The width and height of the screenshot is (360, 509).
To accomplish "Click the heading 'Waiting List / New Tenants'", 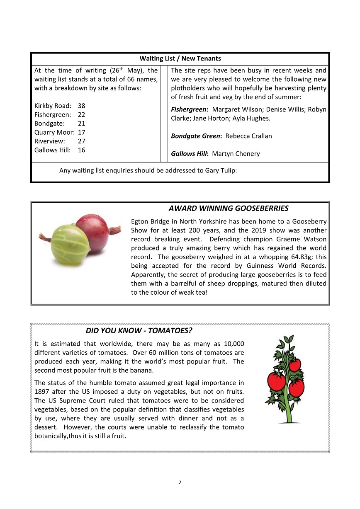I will pyautogui.click(x=180, y=59).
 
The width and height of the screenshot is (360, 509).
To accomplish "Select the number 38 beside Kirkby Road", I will pyautogui.click(x=81, y=106).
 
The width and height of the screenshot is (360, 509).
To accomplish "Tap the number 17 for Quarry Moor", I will pyautogui.click(x=81, y=132).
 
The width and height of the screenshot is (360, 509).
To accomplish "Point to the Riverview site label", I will pyautogui.click(x=50, y=141).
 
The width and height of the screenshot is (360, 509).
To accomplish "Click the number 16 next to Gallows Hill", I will pyautogui.click(x=81, y=150).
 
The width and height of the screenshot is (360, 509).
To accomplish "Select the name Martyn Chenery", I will pyautogui.click(x=236, y=154).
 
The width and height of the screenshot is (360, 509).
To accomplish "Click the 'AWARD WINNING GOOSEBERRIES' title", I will pyautogui.click(x=229, y=208).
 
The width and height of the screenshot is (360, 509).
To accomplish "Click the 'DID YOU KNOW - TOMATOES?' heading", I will pyautogui.click(x=139, y=331).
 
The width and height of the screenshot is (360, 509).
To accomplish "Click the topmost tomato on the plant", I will pyautogui.click(x=295, y=365).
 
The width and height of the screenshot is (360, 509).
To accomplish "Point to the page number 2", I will pyautogui.click(x=180, y=482).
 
